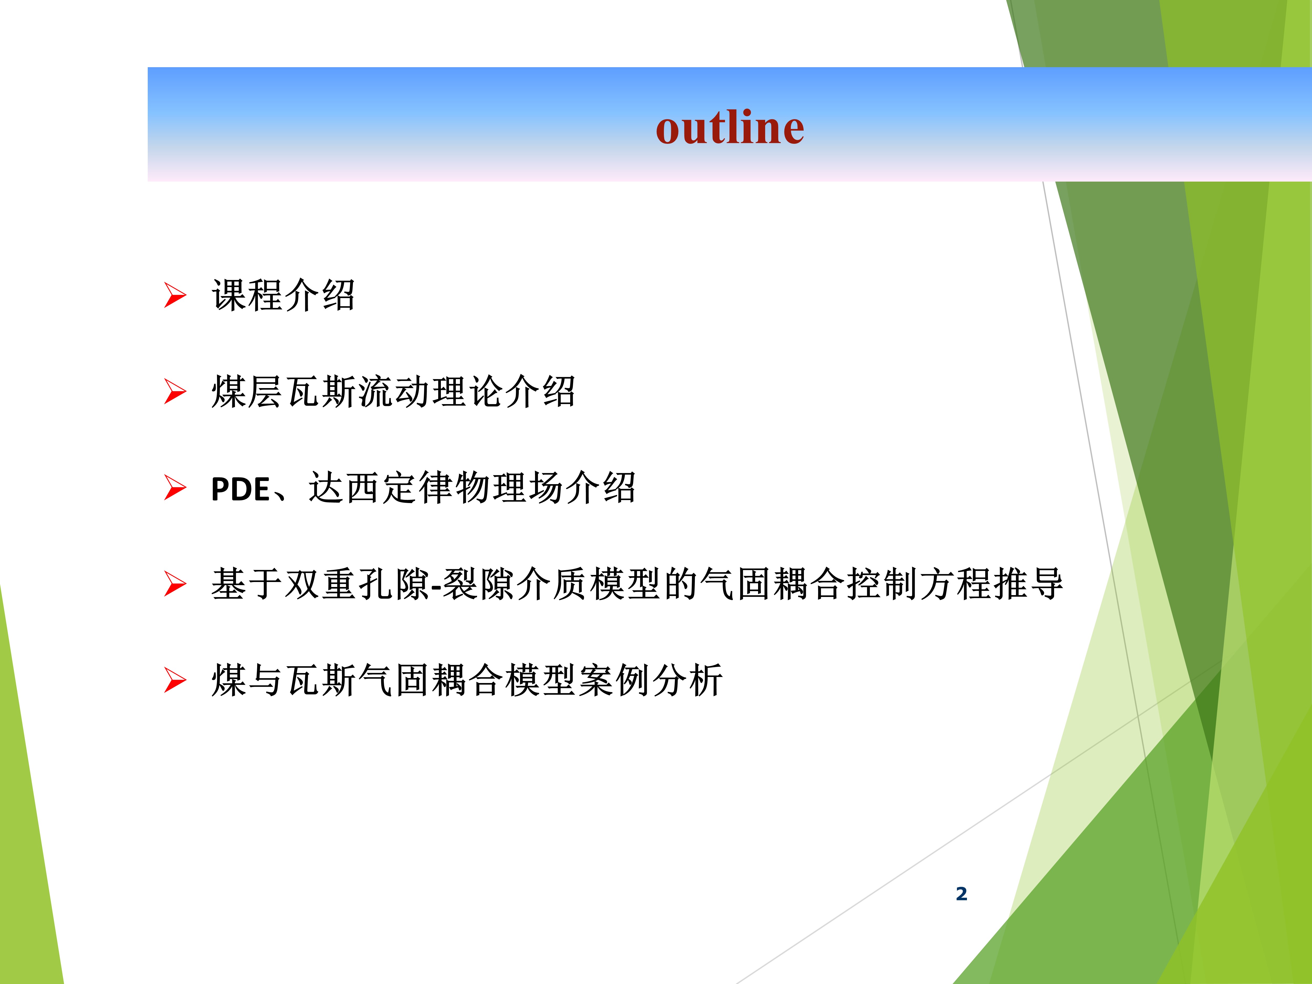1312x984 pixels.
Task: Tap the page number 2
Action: point(961,893)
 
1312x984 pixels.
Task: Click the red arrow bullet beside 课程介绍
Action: point(175,295)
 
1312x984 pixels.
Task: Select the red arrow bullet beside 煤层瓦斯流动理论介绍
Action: point(175,392)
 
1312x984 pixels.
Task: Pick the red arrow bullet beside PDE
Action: point(175,488)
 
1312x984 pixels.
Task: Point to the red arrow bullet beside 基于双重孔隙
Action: point(175,584)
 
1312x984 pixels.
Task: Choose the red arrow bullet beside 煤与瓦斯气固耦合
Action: point(175,680)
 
